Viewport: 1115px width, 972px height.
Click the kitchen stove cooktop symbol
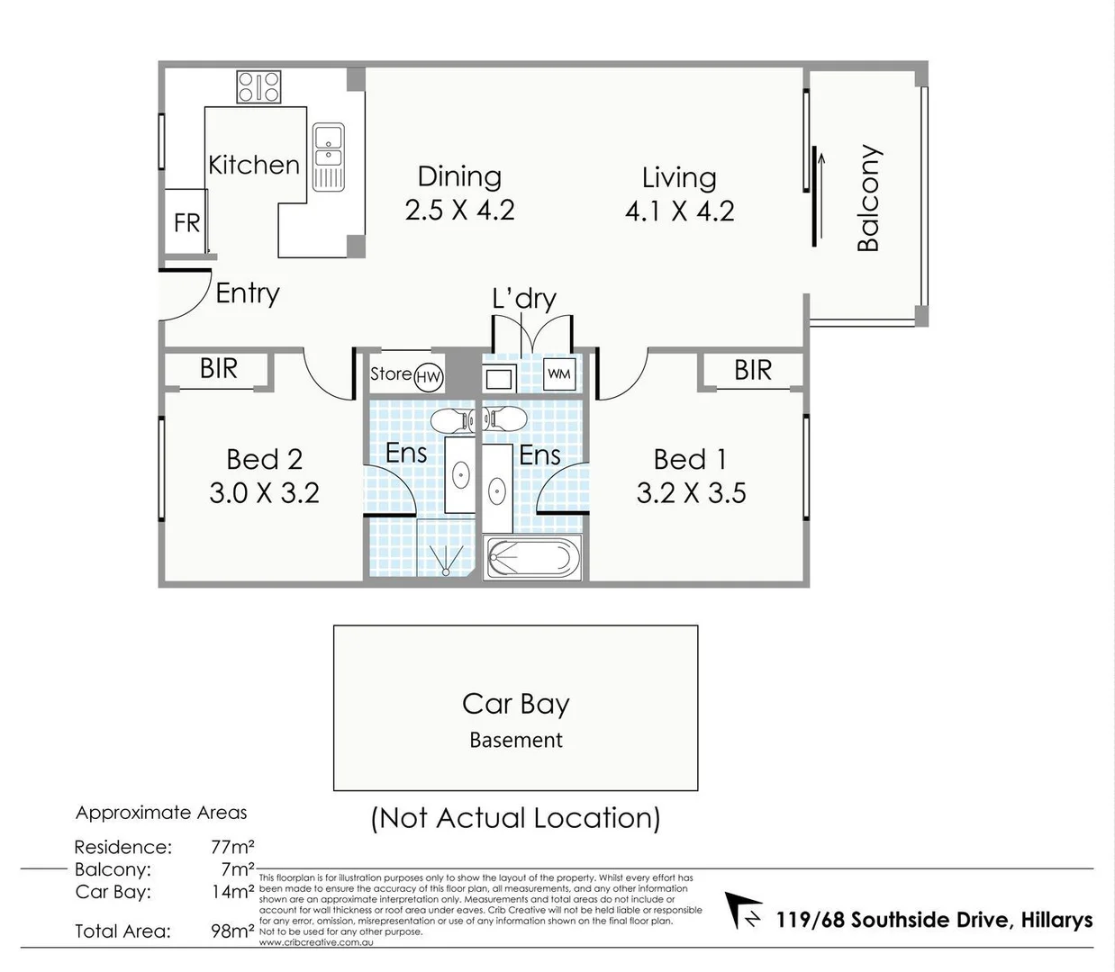pyautogui.click(x=258, y=87)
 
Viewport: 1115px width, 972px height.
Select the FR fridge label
pyautogui.click(x=186, y=222)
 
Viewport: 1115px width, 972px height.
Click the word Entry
pyautogui.click(x=247, y=293)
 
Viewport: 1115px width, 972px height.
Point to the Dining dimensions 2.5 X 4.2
pyautogui.click(x=459, y=211)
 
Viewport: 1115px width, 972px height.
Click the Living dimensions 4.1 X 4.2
pyautogui.click(x=679, y=211)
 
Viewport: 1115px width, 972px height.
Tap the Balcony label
pyautogui.click(x=868, y=198)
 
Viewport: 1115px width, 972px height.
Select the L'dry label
pyautogui.click(x=524, y=299)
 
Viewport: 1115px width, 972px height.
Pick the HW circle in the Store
pyautogui.click(x=429, y=377)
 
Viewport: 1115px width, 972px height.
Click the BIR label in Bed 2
pyautogui.click(x=219, y=369)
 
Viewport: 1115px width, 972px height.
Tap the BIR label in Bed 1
pyautogui.click(x=753, y=370)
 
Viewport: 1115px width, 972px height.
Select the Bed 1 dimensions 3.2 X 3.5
pyautogui.click(x=691, y=493)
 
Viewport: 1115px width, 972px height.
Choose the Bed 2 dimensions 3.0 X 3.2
pyautogui.click(x=264, y=493)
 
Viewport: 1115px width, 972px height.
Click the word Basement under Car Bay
pyautogui.click(x=516, y=740)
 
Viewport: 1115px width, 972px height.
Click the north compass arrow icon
pyautogui.click(x=744, y=911)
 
